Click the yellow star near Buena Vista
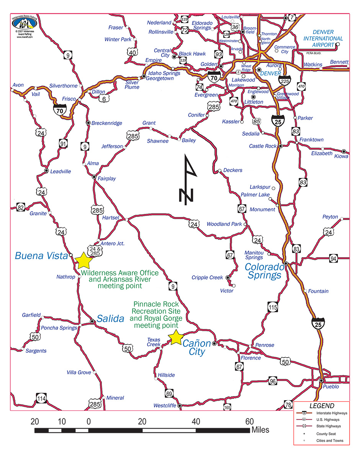(83, 260)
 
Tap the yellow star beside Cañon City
(176, 337)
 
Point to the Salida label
(110, 319)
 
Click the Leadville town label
(61, 171)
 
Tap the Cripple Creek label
(207, 278)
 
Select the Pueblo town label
(332, 387)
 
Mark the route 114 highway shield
(41, 399)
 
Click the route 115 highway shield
(272, 307)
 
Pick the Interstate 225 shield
(285, 81)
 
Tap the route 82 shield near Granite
(21, 208)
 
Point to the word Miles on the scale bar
(260, 430)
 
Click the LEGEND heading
(322, 406)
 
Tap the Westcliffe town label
(165, 405)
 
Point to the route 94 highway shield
(334, 259)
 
